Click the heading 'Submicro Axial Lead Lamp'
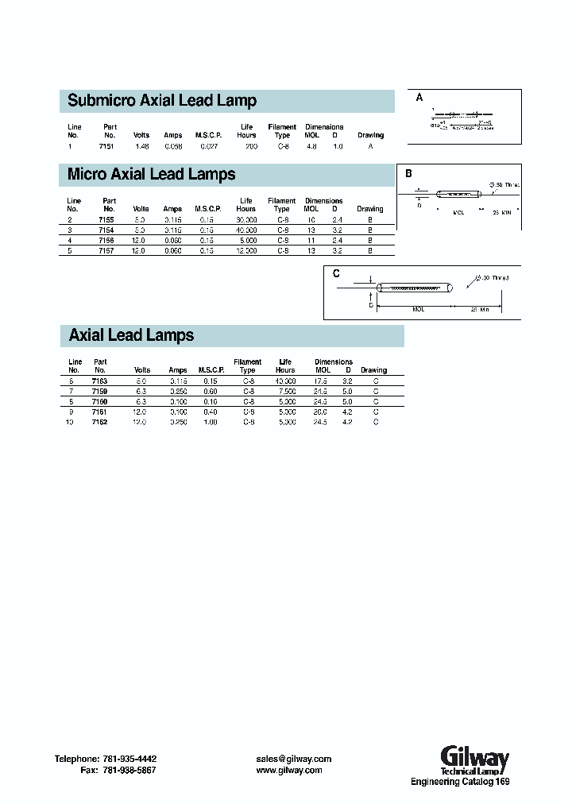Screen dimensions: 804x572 point(162,101)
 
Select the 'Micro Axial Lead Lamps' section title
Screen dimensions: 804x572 point(152,174)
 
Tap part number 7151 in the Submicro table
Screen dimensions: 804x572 point(106,147)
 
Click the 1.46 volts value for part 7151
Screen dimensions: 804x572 point(141,147)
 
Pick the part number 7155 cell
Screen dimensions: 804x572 point(106,219)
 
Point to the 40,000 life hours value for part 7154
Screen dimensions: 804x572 point(246,230)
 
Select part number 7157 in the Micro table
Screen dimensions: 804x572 point(106,250)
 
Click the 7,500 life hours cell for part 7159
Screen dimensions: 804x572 point(286,391)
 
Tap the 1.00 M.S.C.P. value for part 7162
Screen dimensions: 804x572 point(211,422)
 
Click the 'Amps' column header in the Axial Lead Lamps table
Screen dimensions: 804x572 point(178,370)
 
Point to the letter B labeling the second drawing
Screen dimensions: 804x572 point(409,173)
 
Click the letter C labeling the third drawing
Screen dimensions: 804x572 point(336,273)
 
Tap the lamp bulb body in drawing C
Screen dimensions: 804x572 point(414,288)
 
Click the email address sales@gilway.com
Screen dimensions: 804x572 point(293,759)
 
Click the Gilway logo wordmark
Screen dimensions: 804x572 point(474,756)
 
